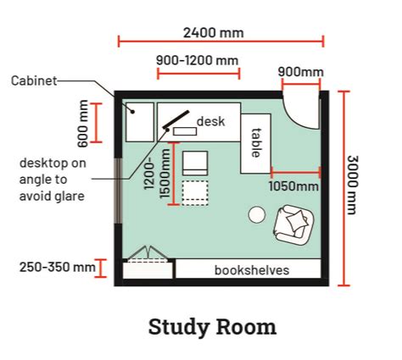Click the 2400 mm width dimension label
[x=214, y=33]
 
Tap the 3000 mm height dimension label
[x=352, y=185]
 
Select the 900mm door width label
[x=300, y=72]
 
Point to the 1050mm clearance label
[x=293, y=186]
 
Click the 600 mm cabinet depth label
[x=82, y=124]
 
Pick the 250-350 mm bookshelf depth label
[x=58, y=267]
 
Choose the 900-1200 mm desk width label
[x=198, y=60]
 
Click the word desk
[x=211, y=121]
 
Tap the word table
[x=256, y=142]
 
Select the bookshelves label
[x=252, y=270]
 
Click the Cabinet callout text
[x=34, y=81]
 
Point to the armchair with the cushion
[x=294, y=224]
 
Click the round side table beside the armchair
[x=257, y=214]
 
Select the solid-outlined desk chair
[x=195, y=163]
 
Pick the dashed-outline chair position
[x=195, y=193]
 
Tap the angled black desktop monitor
[x=176, y=119]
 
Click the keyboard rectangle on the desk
[x=185, y=131]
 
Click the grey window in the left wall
[x=118, y=191]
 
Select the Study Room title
[x=212, y=327]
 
